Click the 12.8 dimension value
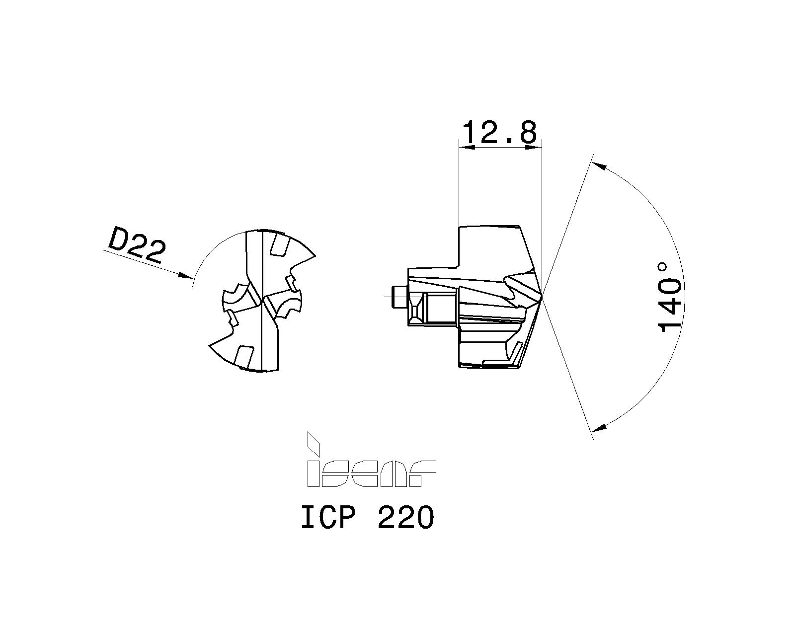[x=499, y=132]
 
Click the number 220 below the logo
[x=405, y=518]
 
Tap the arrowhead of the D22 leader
[x=187, y=276]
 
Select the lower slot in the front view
[x=242, y=356]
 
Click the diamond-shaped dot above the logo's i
[x=313, y=442]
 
